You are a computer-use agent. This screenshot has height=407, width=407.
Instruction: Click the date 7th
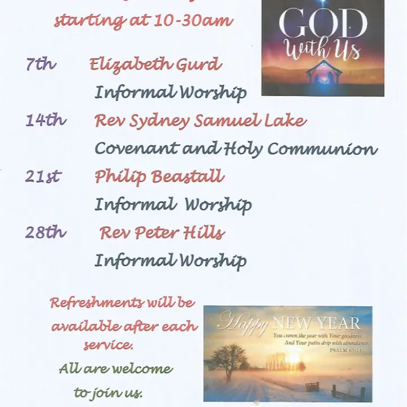[41, 64]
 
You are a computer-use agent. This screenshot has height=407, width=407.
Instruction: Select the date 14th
[46, 120]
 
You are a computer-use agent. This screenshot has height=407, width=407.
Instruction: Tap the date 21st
[43, 176]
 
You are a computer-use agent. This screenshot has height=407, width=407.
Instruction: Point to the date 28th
[46, 232]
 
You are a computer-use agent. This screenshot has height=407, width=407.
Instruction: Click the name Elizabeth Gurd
[155, 64]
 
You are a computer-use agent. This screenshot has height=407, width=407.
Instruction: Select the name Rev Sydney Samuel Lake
[200, 120]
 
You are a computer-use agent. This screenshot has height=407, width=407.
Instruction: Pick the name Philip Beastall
[159, 176]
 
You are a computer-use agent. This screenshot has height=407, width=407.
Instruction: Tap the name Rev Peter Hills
[162, 232]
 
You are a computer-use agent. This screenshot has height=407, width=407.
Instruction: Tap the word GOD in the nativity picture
[323, 24]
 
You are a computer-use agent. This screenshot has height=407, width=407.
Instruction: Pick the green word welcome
[142, 369]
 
